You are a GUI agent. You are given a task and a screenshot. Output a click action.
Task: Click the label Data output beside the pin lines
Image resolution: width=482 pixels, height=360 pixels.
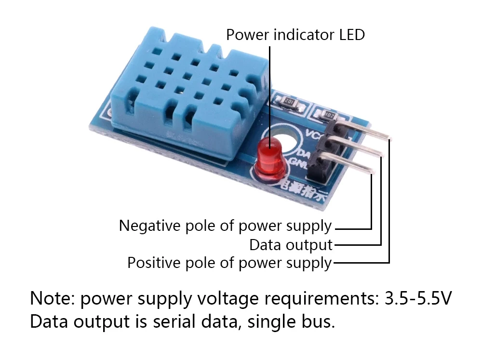coord(291,245)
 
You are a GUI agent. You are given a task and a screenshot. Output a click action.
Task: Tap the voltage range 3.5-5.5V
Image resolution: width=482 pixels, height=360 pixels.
coord(418,299)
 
